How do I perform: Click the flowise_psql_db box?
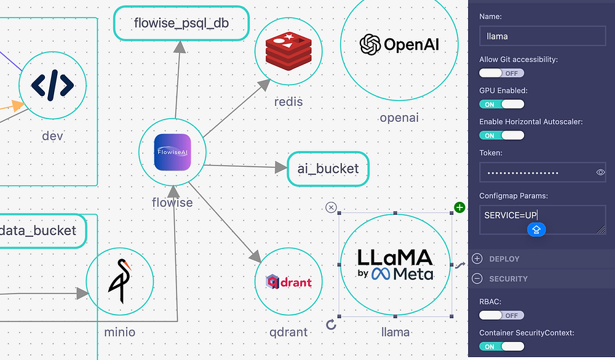coord(181,24)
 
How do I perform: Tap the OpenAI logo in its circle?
coord(399,44)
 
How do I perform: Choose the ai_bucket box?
coord(328,169)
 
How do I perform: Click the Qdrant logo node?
coord(288,282)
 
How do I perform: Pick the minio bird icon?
coord(119,282)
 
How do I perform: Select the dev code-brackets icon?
coord(52,84)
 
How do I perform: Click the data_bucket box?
coord(38,231)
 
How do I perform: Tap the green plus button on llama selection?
coord(460,207)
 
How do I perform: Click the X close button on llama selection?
coord(331,207)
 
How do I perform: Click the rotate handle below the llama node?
coord(331,324)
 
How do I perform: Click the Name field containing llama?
coord(542,36)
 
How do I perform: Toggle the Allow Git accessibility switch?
coord(501,73)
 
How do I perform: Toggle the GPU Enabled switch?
coord(501,104)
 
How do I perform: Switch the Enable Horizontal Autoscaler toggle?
coord(501,135)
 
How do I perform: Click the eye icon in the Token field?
coord(601,173)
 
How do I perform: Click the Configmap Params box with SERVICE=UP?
coord(542,220)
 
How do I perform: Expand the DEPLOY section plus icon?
coord(477,259)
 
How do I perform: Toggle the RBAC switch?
coord(501,315)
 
